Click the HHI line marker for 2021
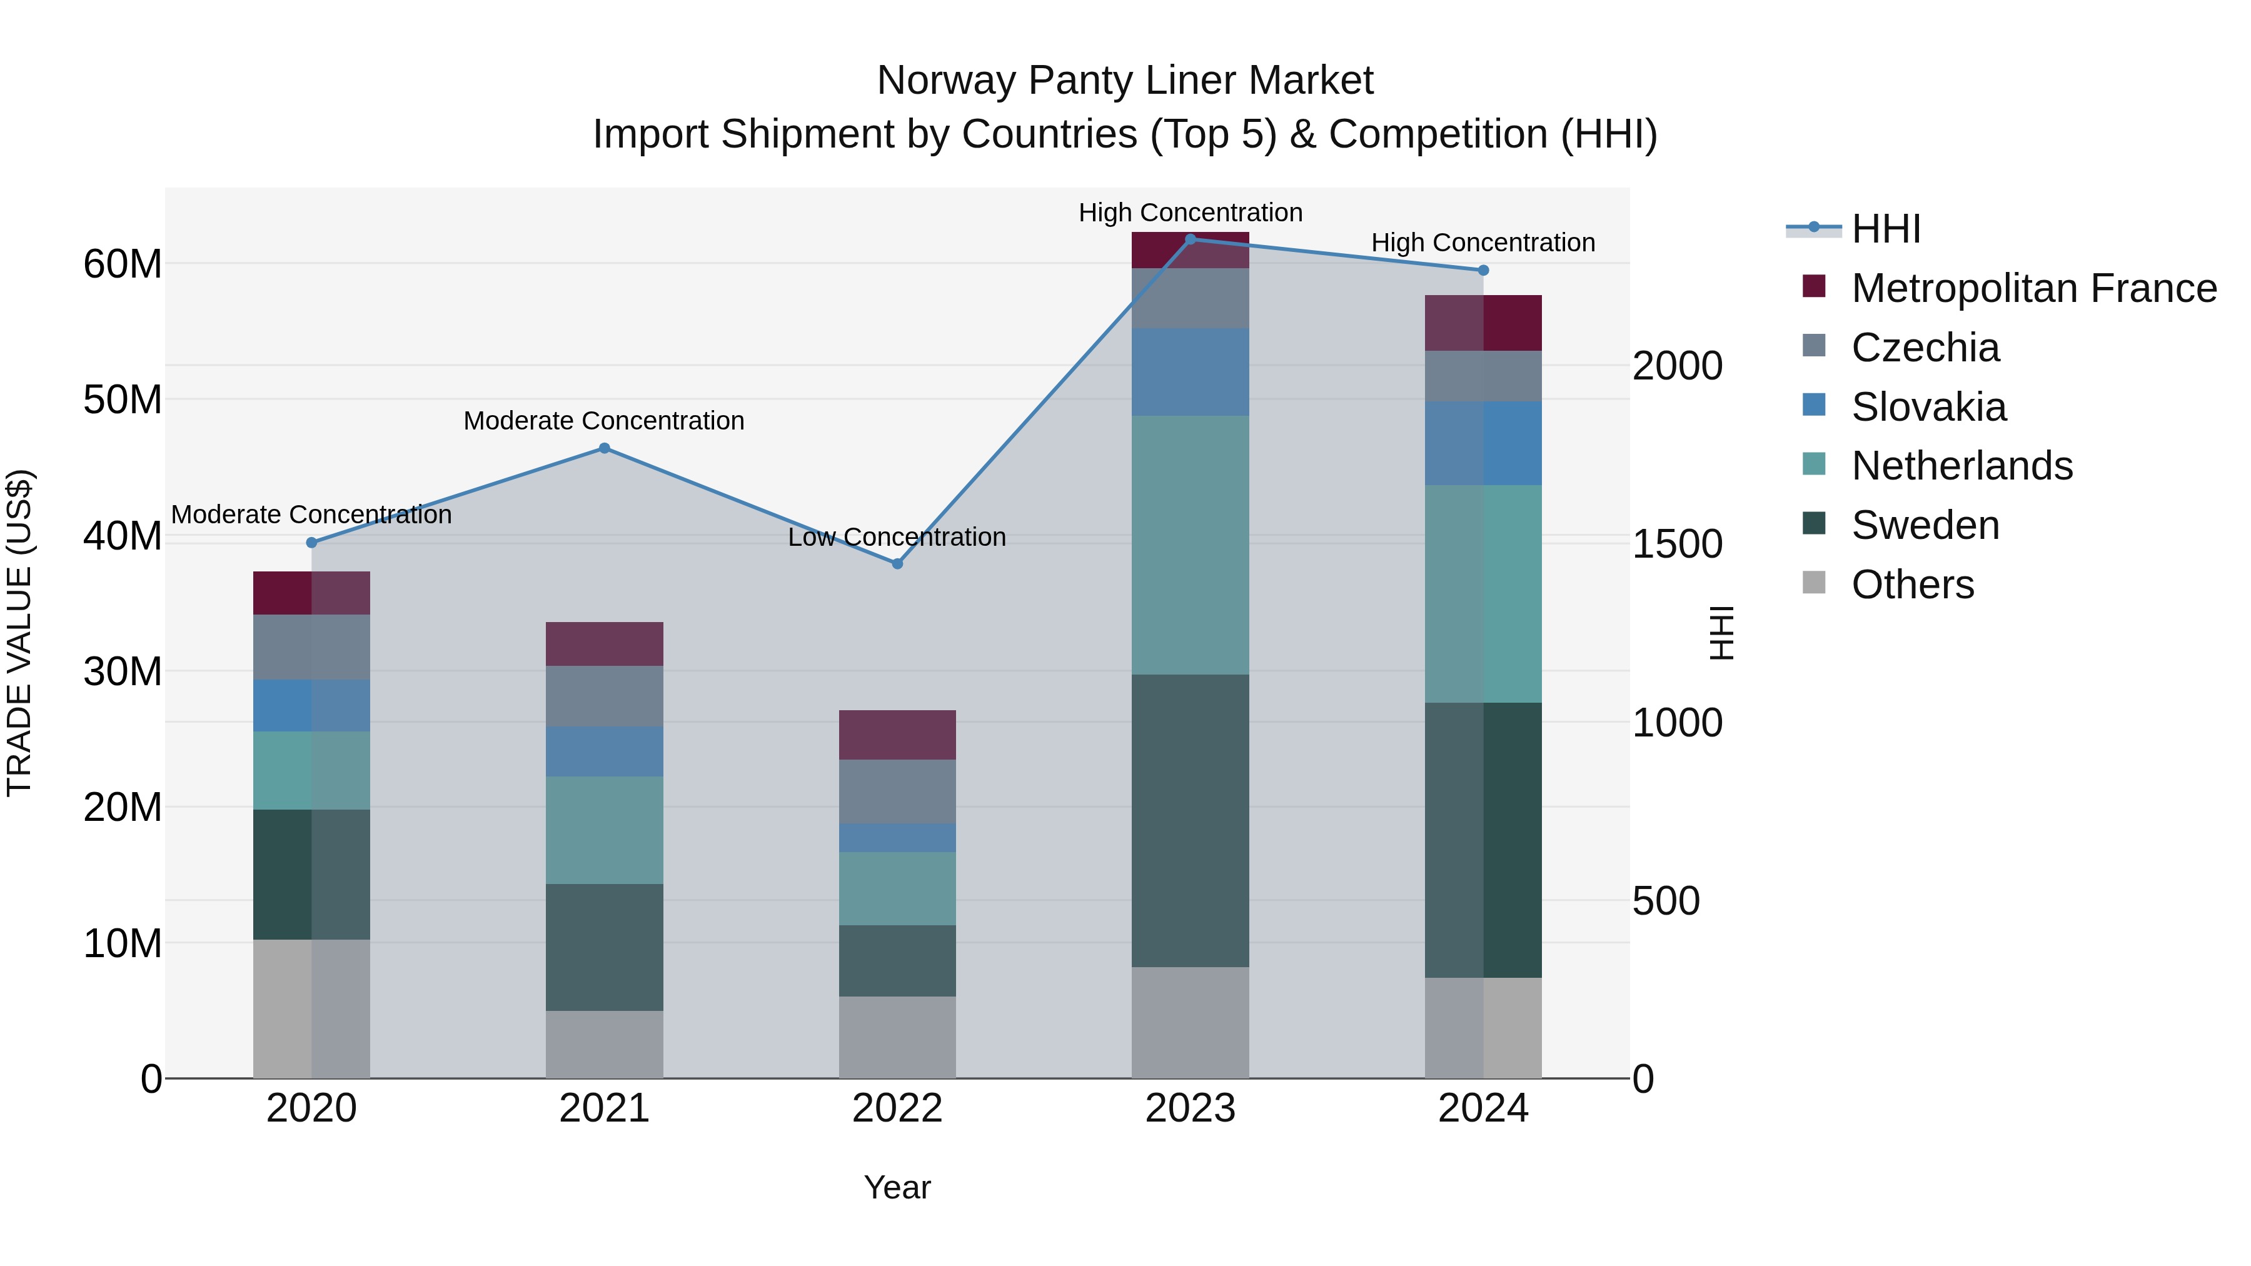pos(604,448)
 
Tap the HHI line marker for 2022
pos(897,563)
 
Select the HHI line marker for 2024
pos(1483,271)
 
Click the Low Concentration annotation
pos(897,537)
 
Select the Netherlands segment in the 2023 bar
pos(1190,545)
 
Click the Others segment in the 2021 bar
pos(604,1044)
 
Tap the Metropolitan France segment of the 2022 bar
pos(897,735)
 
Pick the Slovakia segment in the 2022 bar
pos(897,838)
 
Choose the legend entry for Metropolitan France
pos(2033,288)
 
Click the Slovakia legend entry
pos(1928,407)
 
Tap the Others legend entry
pos(1912,585)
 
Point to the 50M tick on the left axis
pos(123,400)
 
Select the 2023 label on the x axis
pos(1190,1108)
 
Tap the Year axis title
pos(897,1187)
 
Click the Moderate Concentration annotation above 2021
pos(604,421)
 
